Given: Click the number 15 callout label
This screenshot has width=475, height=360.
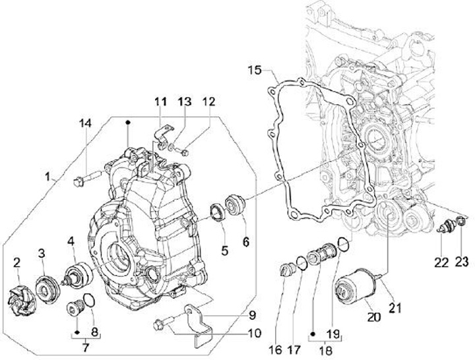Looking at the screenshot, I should [x=257, y=70].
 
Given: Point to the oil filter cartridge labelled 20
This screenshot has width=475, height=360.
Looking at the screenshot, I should [x=352, y=291].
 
